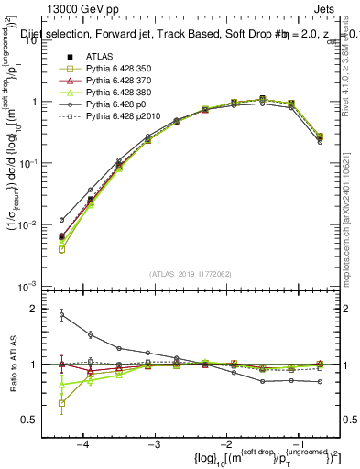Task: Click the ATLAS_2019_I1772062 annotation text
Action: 189,273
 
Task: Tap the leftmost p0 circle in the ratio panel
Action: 61,315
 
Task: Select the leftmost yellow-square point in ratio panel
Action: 61,403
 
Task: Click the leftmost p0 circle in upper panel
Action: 61,220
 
